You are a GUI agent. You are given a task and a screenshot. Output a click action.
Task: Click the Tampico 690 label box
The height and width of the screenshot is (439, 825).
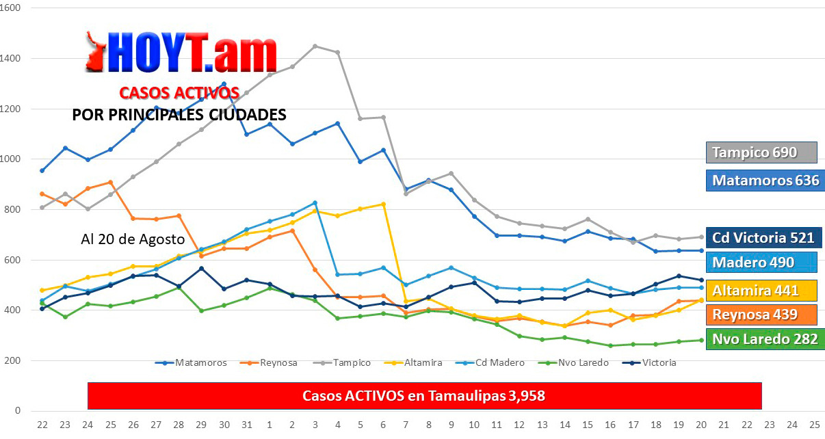[x=761, y=152]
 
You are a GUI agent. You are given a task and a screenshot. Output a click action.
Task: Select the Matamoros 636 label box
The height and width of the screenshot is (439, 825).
[x=765, y=181]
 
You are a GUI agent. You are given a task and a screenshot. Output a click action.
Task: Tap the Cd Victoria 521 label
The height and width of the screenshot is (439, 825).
[x=763, y=238]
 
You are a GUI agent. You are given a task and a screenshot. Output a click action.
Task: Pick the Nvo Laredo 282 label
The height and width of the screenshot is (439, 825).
[x=763, y=339]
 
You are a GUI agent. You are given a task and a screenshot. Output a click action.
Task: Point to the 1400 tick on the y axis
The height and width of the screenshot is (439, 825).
[x=11, y=59]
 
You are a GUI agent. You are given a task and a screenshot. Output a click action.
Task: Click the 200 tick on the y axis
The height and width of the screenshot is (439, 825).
[x=14, y=361]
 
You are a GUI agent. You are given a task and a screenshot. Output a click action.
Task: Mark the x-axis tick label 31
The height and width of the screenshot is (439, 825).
[x=247, y=424]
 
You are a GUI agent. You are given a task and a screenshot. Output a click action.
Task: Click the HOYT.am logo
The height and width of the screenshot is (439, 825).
[x=181, y=53]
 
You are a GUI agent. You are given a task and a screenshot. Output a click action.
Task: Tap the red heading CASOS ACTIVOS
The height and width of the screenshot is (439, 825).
[x=179, y=92]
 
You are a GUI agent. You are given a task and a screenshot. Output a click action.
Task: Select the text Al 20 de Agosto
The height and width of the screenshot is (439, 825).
[x=133, y=240]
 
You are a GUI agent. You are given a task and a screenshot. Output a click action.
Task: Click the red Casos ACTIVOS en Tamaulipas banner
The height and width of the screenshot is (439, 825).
[x=424, y=396]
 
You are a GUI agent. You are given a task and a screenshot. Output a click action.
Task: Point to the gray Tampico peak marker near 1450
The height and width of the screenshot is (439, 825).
[x=315, y=46]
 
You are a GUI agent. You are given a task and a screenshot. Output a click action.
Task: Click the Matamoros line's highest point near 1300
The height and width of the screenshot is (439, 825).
[x=224, y=84]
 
